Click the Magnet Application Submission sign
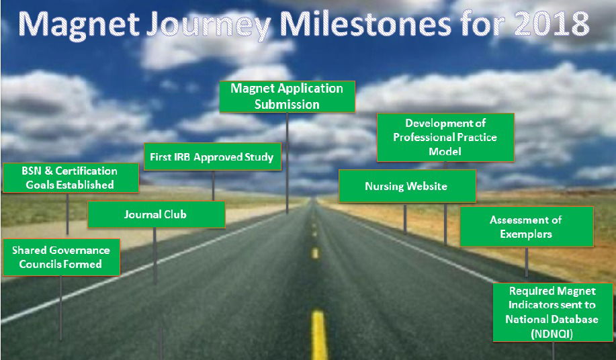288,97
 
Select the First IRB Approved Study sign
212,156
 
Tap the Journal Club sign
157,214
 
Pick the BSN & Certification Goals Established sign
71,178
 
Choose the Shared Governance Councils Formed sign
61,257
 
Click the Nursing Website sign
407,186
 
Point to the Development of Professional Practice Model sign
445,138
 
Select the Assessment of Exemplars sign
527,226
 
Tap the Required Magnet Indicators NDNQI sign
553,312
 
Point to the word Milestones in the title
365,24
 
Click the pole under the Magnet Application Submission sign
288,163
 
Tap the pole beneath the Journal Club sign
155,256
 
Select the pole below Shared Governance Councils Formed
60,308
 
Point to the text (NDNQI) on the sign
552,334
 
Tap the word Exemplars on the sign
526,234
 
